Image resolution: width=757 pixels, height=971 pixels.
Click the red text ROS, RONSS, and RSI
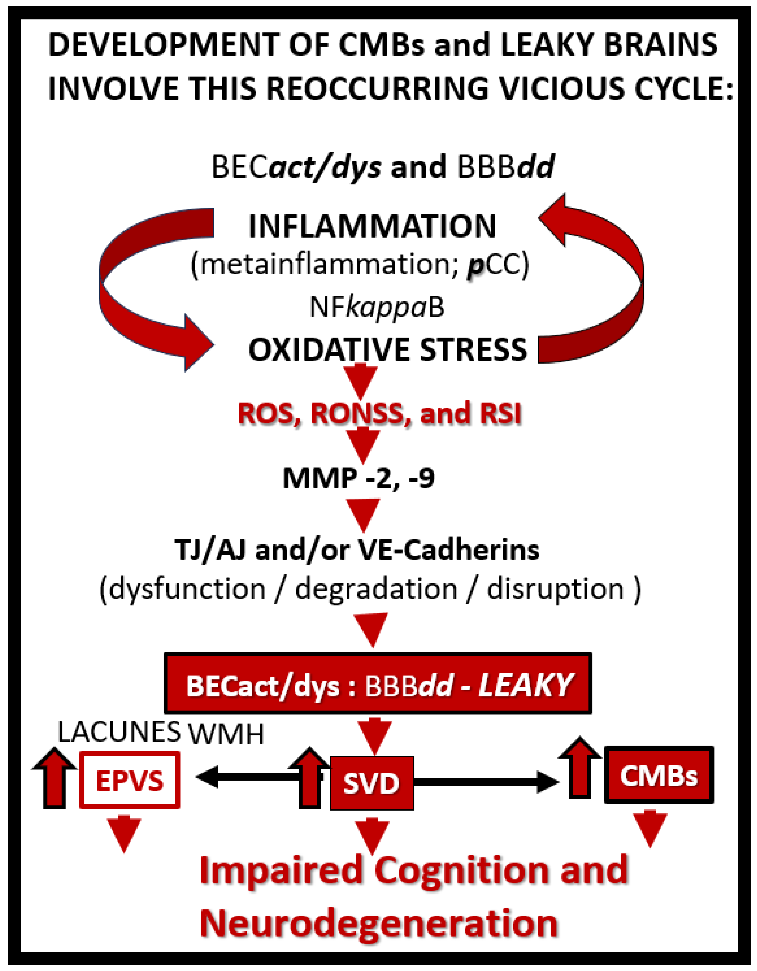click(379, 413)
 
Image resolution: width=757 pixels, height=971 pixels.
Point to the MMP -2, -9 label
click(359, 479)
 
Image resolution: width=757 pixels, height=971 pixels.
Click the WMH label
click(226, 734)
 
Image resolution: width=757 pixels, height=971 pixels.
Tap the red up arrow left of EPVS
click(54, 778)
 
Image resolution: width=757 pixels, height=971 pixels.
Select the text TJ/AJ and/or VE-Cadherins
click(357, 550)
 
